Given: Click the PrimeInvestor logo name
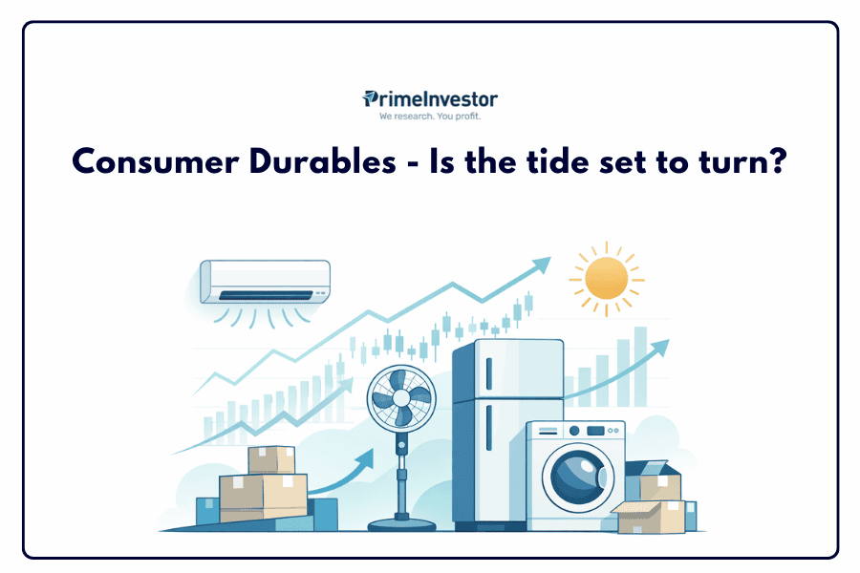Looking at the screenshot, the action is (x=430, y=99).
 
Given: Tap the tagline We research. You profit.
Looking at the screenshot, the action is (x=430, y=117).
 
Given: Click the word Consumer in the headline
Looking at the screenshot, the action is (x=156, y=162).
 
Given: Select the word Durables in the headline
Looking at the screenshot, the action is (x=323, y=161).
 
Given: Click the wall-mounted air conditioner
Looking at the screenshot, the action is (x=266, y=282).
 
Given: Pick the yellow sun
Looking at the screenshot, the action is (x=607, y=279).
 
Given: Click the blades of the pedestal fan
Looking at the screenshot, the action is (x=401, y=397).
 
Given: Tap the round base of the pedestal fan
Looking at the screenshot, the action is (x=401, y=524).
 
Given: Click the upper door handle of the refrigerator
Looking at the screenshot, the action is (x=489, y=374).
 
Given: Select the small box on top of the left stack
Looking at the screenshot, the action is (x=271, y=460).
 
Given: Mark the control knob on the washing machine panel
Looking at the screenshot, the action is (x=574, y=431).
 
